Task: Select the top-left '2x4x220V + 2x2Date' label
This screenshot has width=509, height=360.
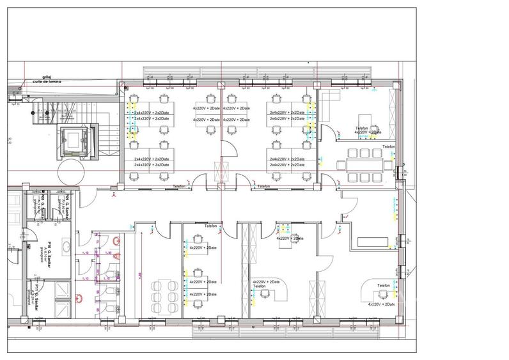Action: pyautogui.click(x=152, y=112)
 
